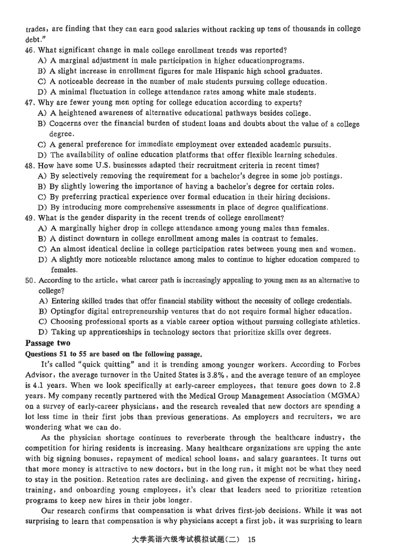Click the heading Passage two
[47, 343]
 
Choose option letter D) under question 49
[42, 259]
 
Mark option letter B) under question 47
[42, 124]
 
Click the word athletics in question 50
[344, 321]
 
